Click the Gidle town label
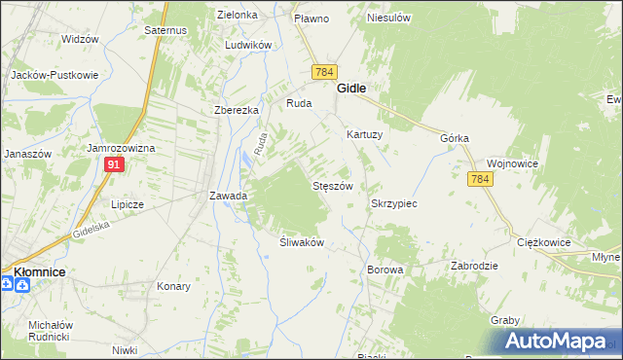pos(351,88)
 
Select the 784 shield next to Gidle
pos(324,73)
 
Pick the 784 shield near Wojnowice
pos(479,180)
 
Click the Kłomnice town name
pos(39,271)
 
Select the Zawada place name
pos(229,196)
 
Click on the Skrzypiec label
pos(394,204)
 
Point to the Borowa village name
pos(385,269)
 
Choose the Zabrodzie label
pos(475,266)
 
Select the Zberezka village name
pos(237,110)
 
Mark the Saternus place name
pos(165,31)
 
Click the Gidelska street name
pos(92,230)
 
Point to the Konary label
pos(173,287)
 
